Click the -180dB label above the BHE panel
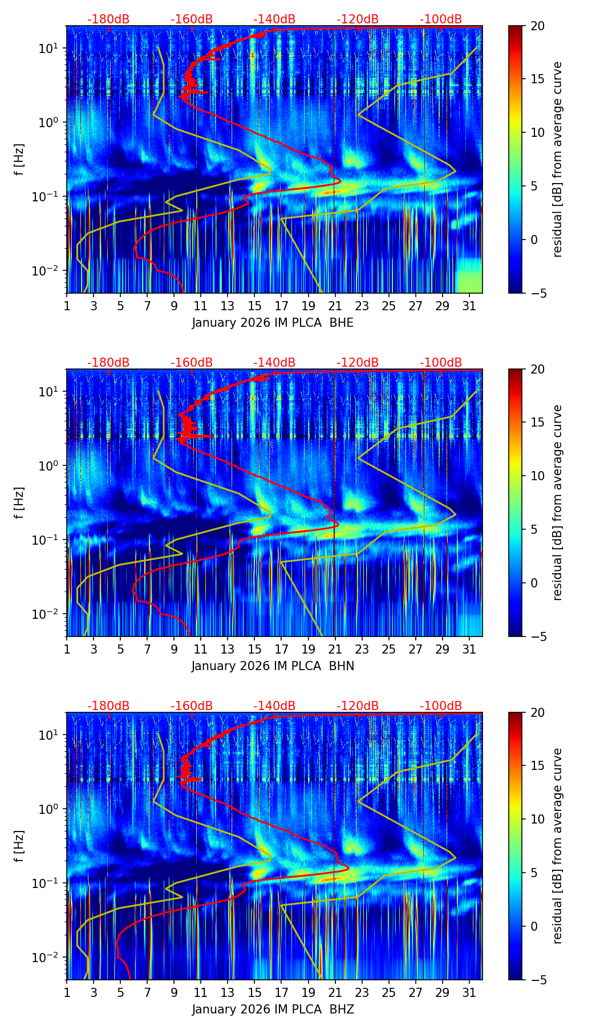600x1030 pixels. [x=108, y=19]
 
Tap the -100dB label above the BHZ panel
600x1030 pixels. [x=441, y=706]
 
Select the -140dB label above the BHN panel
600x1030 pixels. [x=274, y=363]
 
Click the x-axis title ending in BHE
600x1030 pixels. [x=273, y=323]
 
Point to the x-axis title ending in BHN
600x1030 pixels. [x=273, y=666]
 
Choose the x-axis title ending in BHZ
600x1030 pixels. [x=273, y=1009]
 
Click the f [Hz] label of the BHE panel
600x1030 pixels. [x=21, y=160]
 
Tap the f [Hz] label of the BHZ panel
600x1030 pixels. [x=21, y=846]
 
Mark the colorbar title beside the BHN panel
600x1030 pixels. [x=557, y=502]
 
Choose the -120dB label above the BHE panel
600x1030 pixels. [x=358, y=19]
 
